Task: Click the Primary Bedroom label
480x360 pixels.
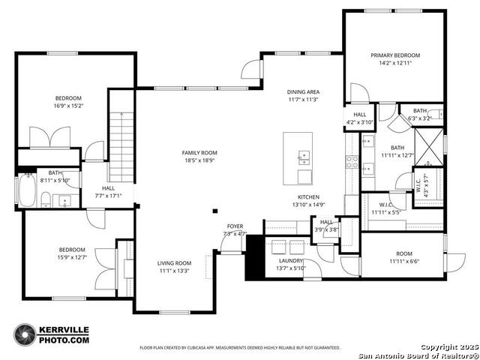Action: tap(395, 55)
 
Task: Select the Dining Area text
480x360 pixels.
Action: tap(303, 91)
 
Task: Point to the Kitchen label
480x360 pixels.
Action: tap(310, 196)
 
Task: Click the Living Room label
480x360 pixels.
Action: tap(174, 263)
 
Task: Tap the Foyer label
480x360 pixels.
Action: tap(235, 226)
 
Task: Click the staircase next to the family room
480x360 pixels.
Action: tap(121, 145)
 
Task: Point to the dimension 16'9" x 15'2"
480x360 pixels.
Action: tap(67, 106)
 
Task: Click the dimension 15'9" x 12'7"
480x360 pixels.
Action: tap(72, 258)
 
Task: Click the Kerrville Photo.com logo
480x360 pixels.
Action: tap(52, 334)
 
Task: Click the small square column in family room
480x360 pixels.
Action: tap(215, 211)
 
